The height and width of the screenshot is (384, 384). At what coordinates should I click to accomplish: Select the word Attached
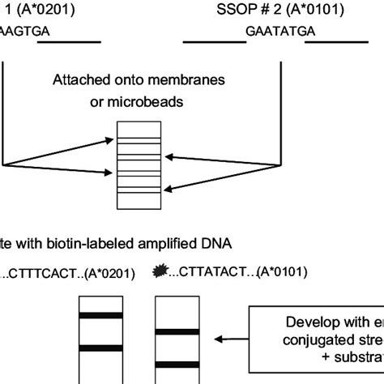click(x=82, y=80)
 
